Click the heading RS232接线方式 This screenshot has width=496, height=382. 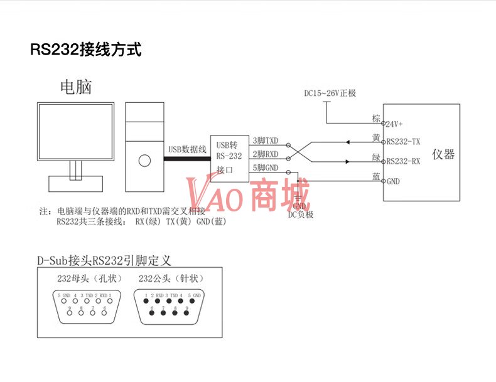coord(85,50)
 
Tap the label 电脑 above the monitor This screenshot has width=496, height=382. coord(75,87)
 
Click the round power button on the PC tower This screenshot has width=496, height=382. coord(144,161)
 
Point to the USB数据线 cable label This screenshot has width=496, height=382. coord(187,149)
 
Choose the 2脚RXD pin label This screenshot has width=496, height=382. coord(265,154)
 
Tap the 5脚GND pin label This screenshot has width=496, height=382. coord(265,168)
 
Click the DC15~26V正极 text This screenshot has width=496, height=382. coord(330,93)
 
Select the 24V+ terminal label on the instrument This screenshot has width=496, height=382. coord(395,124)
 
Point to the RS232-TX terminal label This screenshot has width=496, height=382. coord(404,142)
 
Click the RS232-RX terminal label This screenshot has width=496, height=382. coord(404,161)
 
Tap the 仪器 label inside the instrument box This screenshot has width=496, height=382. coord(443,154)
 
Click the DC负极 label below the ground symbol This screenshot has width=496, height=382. coord(301,215)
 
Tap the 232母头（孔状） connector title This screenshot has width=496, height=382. coord(84,279)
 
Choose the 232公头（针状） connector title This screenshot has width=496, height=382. coord(171,279)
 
